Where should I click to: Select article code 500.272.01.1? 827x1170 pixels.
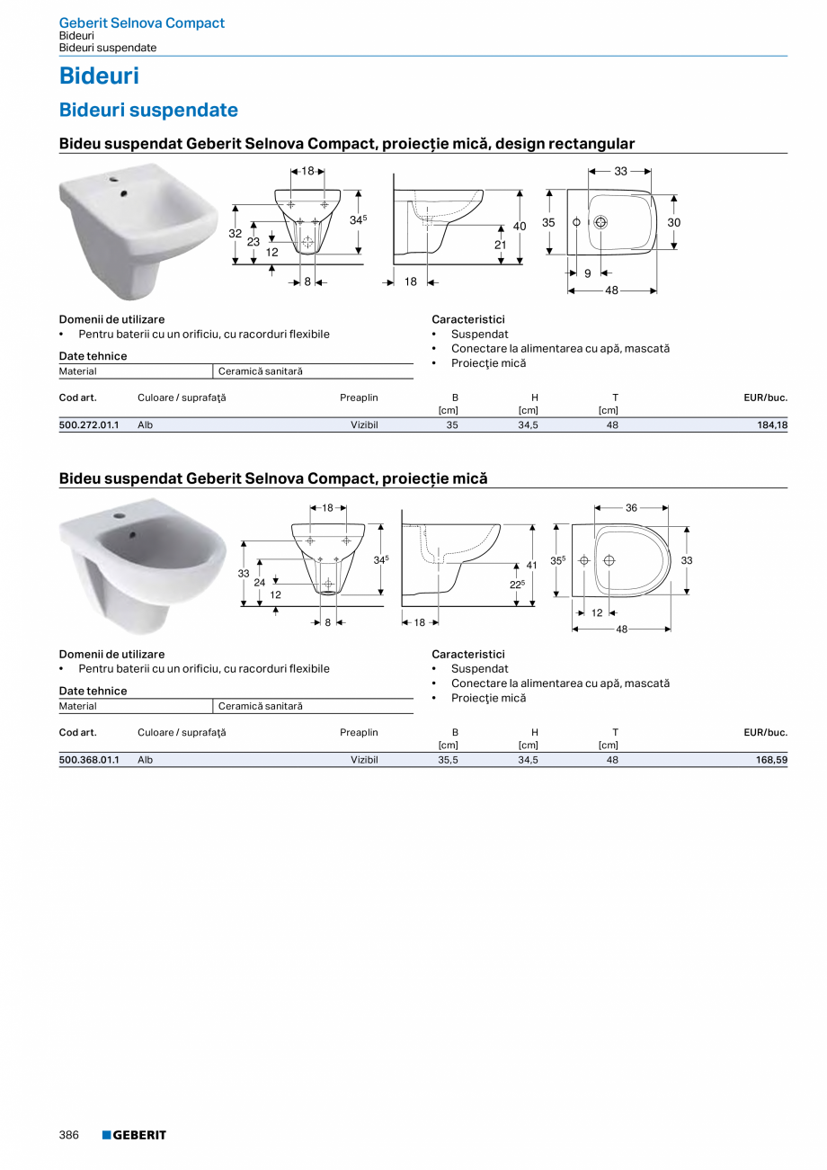tap(89, 425)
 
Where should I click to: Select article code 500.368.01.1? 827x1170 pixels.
tap(89, 760)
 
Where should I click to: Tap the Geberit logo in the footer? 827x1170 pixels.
tap(134, 1135)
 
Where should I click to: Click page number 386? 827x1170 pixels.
tap(69, 1135)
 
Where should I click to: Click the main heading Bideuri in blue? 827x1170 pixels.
tap(99, 76)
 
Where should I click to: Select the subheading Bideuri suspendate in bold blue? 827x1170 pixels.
tap(148, 110)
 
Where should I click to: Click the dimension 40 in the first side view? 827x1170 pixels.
tap(520, 227)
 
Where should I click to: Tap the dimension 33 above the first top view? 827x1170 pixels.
tap(620, 171)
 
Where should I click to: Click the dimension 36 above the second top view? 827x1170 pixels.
tap(631, 508)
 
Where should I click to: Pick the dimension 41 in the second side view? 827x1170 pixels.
tap(531, 566)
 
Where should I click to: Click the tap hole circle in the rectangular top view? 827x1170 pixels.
tap(600, 222)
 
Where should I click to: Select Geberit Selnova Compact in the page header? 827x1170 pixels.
tap(141, 22)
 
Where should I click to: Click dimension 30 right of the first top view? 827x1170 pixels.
tap(674, 222)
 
